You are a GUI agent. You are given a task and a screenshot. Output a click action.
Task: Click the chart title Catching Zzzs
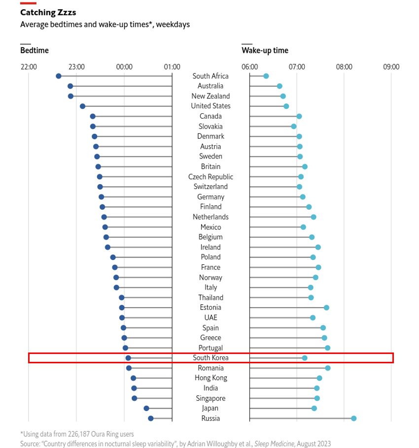click(48, 13)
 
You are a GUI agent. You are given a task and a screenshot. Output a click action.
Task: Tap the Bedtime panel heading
click(35, 51)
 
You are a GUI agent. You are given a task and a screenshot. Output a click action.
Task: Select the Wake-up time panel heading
click(265, 51)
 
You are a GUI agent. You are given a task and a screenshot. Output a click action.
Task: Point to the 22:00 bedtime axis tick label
click(29, 67)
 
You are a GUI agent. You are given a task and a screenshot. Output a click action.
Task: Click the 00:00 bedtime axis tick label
click(124, 67)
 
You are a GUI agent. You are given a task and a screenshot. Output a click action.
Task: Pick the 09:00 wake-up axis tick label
click(391, 67)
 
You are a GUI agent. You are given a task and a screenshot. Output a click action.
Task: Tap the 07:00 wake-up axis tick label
click(297, 67)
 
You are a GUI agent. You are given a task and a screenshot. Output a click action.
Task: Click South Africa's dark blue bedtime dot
click(59, 76)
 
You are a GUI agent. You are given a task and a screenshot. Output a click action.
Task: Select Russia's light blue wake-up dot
click(354, 418)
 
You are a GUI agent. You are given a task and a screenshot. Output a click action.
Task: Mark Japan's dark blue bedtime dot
click(146, 408)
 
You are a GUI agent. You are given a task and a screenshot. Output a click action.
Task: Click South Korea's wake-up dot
click(305, 358)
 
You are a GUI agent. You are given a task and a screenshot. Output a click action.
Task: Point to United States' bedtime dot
click(83, 106)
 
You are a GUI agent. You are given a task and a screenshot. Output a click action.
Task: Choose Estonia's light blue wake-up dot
click(326, 308)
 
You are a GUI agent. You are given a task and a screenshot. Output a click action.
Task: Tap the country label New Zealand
click(210, 96)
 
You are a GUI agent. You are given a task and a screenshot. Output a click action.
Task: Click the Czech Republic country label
click(210, 177)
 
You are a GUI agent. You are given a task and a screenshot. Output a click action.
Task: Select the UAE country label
click(210, 318)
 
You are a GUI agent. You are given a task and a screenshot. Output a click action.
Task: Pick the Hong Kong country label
click(211, 378)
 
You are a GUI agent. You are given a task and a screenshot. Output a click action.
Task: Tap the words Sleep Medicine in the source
click(274, 444)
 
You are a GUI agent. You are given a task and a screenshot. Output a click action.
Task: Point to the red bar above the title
click(28, 3)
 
